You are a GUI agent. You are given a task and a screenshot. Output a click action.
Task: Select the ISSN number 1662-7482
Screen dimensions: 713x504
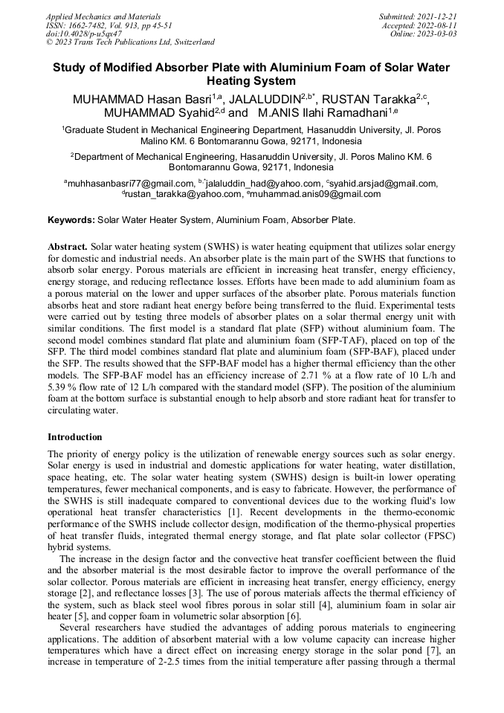tap(91, 25)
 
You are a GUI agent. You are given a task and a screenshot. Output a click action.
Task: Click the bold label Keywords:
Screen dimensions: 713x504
tap(71, 220)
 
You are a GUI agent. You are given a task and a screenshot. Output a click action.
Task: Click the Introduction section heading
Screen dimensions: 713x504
tap(75, 437)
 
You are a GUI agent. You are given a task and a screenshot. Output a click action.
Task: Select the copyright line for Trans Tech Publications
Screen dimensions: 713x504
tap(131, 42)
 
